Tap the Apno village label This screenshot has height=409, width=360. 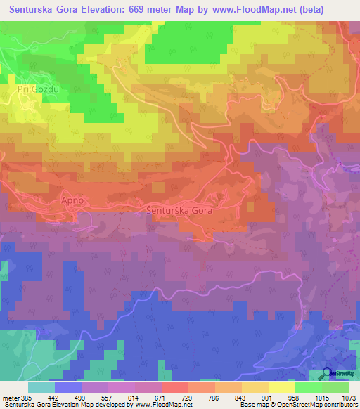(x=72, y=200)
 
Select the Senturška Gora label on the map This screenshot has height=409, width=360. (x=179, y=210)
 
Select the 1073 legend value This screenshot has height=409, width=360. (x=348, y=398)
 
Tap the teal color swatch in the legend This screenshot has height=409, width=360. (x=41, y=387)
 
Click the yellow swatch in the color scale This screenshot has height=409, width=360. (x=282, y=387)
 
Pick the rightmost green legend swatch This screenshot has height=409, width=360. (x=335, y=387)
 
